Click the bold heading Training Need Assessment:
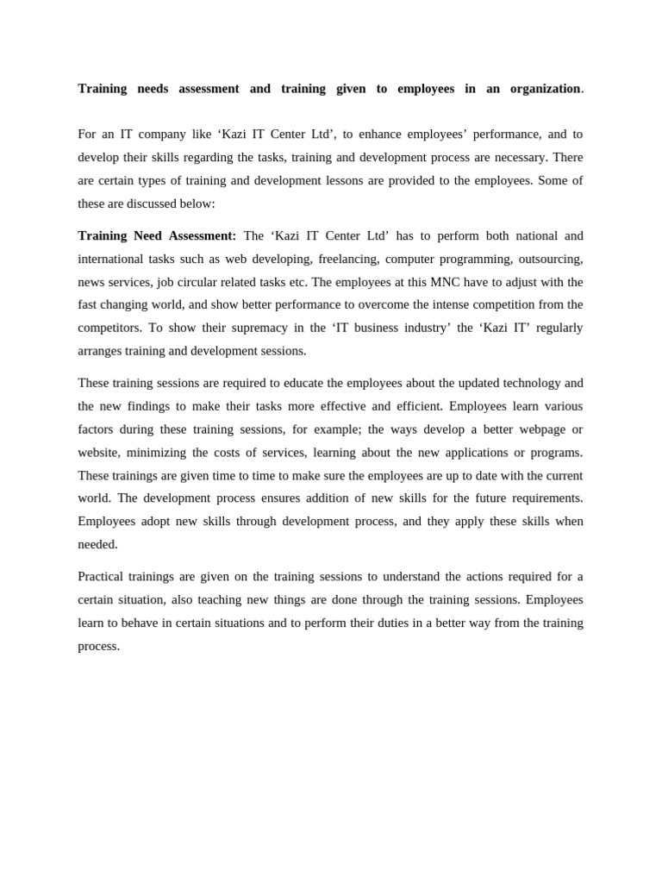pyautogui.click(x=157, y=235)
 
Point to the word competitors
pyautogui.click(x=109, y=328)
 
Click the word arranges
pyautogui.click(x=100, y=351)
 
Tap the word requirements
pyautogui.click(x=546, y=498)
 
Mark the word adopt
pyautogui.click(x=155, y=522)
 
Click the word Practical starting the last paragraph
pyautogui.click(x=103, y=576)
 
